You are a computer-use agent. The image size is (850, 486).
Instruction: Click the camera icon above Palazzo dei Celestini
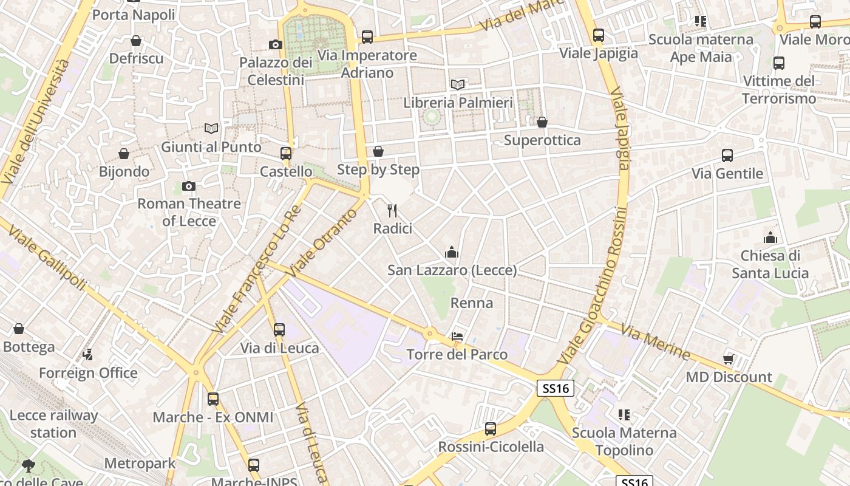tap(276, 44)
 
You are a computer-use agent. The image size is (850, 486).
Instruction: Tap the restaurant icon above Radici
tap(392, 211)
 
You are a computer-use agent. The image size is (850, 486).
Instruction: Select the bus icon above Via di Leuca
tap(279, 330)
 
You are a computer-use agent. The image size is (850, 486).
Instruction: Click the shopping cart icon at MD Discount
tap(729, 359)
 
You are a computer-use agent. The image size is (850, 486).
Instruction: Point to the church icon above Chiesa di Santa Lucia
tap(770, 237)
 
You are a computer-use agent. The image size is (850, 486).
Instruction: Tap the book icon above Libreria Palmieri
tap(458, 84)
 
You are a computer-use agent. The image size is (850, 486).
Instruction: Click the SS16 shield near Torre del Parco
tap(556, 388)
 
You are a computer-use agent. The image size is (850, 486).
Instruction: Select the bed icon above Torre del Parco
tap(457, 336)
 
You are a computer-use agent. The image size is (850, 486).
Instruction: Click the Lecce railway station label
tap(53, 424)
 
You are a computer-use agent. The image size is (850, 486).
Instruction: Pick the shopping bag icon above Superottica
tap(542, 122)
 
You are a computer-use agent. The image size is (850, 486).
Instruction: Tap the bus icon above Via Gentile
tap(727, 156)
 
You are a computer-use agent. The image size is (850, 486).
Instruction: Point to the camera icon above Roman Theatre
tap(189, 186)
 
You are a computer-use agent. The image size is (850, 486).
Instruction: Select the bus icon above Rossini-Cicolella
tap(491, 429)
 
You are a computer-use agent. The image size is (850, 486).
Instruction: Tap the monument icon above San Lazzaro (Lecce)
tap(452, 252)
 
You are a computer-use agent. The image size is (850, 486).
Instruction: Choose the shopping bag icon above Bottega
tap(19, 329)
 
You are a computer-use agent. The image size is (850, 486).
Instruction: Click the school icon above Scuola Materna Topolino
tap(624, 415)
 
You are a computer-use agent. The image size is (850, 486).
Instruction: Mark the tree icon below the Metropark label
tap(28, 466)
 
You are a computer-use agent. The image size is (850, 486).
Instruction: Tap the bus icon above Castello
tap(286, 154)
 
